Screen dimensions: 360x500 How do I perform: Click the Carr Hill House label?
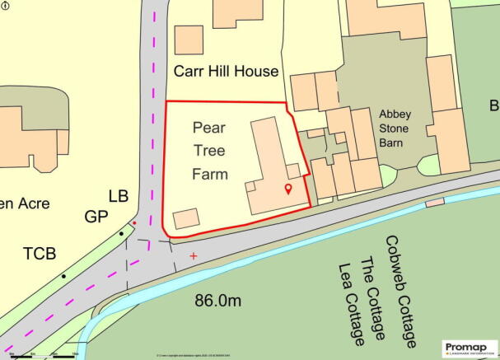tap(226, 72)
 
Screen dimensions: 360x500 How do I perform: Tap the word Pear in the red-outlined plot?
tap(209, 128)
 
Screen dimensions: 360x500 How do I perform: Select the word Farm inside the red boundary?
tap(209, 174)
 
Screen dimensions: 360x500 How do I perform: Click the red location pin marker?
tap(287, 190)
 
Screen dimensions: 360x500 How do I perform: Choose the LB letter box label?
tap(119, 197)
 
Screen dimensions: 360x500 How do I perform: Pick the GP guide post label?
tap(96, 217)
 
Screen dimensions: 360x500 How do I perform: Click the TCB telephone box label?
tap(40, 254)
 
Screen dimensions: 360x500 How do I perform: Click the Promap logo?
tap(469, 347)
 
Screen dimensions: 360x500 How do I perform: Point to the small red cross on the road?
tap(194, 256)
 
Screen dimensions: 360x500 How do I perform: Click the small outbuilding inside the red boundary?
tap(186, 218)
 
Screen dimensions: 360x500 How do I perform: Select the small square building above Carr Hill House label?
tap(189, 40)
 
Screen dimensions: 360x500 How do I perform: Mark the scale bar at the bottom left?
tap(41, 356)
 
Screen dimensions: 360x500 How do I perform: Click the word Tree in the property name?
tap(209, 151)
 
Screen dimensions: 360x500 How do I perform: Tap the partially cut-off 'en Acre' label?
tap(25, 203)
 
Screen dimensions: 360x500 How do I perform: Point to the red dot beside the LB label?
tap(134, 222)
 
